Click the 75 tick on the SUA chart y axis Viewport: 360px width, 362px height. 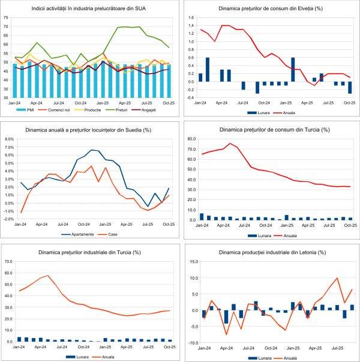(x=6, y=17)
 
